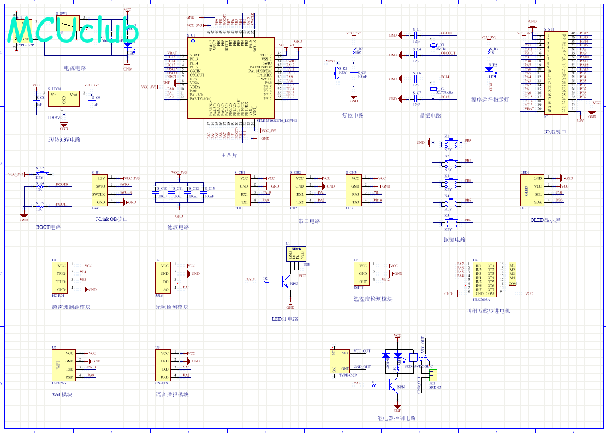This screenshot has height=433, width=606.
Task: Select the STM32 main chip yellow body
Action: tap(230, 78)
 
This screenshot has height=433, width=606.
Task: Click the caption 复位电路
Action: tap(353, 116)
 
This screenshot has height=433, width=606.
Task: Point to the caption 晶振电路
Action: tap(430, 116)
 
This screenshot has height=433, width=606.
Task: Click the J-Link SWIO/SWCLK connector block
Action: tap(100, 190)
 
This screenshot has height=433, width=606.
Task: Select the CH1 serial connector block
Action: tap(243, 190)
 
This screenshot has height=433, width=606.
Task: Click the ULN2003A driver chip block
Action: tap(485, 279)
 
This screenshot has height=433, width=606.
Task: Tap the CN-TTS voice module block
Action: tap(164, 365)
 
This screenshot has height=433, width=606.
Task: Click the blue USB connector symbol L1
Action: tap(295, 254)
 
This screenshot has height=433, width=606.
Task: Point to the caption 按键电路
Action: tap(454, 239)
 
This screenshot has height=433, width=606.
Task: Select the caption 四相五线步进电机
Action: tap(488, 311)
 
